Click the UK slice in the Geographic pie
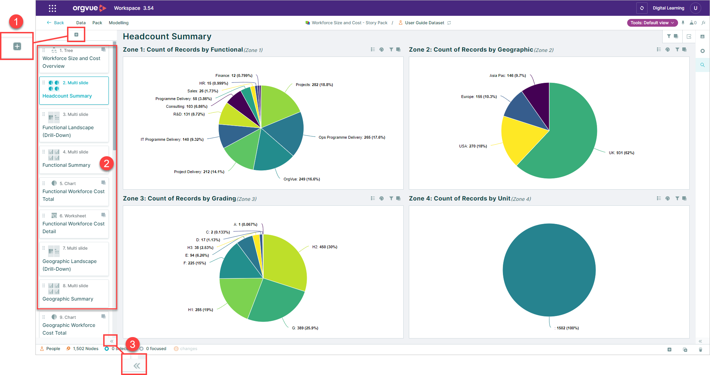pos(569,140)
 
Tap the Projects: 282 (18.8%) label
pos(314,85)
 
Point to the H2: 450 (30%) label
pos(325,247)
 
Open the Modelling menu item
pos(119,23)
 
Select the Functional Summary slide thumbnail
pos(74,159)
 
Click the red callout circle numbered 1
pos(16,22)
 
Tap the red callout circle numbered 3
pos(133,344)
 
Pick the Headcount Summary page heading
pos(167,37)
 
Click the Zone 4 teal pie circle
pos(549,270)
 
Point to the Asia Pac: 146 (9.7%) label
pos(507,75)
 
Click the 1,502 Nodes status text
pos(86,349)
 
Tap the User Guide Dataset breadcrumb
pos(424,23)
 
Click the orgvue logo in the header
pos(89,8)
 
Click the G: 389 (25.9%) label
pos(305,328)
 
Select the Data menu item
pos(81,23)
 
